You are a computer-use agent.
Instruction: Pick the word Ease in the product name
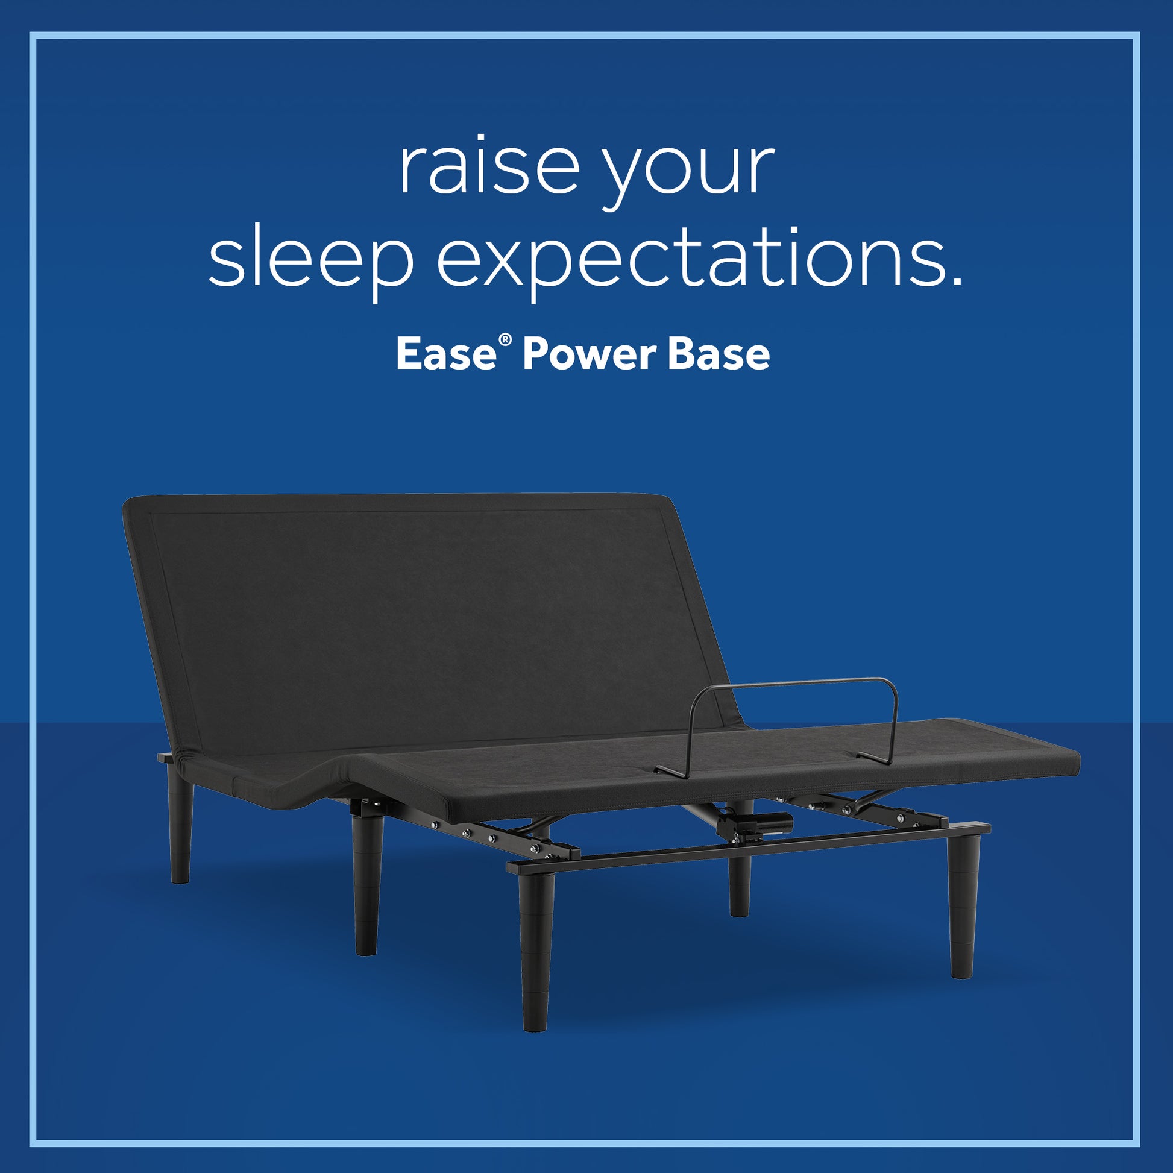[x=446, y=354]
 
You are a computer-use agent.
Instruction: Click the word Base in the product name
[x=719, y=354]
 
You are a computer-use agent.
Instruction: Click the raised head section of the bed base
[x=425, y=619]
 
